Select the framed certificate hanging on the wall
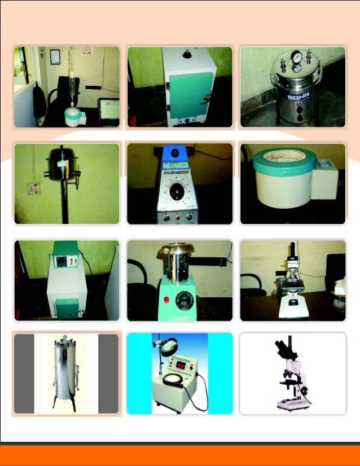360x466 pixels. point(55,56)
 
